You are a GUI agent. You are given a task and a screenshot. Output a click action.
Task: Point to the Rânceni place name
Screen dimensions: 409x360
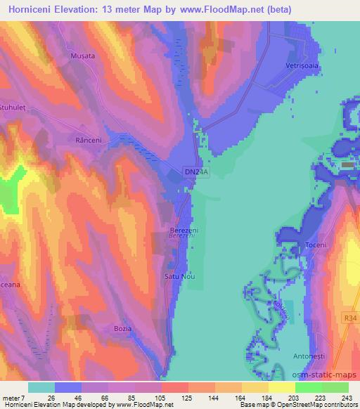click(89, 141)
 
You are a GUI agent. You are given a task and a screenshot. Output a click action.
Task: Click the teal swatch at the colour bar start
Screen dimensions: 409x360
click(41, 387)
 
